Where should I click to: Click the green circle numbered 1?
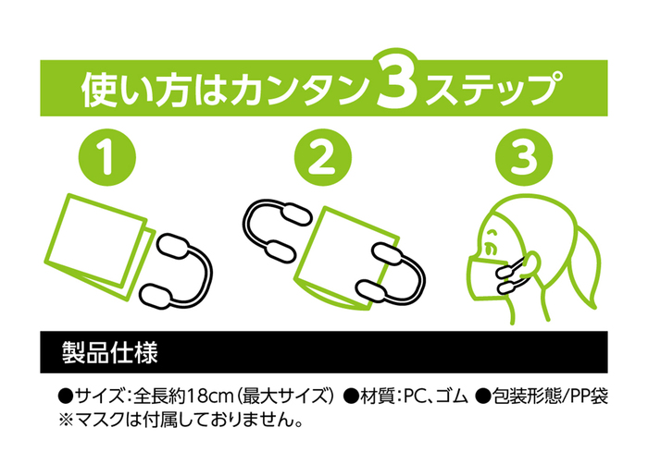107,157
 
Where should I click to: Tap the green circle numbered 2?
323,157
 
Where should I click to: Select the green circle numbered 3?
524,157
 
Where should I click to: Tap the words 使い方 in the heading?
135,89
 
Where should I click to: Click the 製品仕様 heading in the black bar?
109,352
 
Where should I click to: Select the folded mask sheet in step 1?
99,246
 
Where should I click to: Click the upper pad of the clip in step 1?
174,248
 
